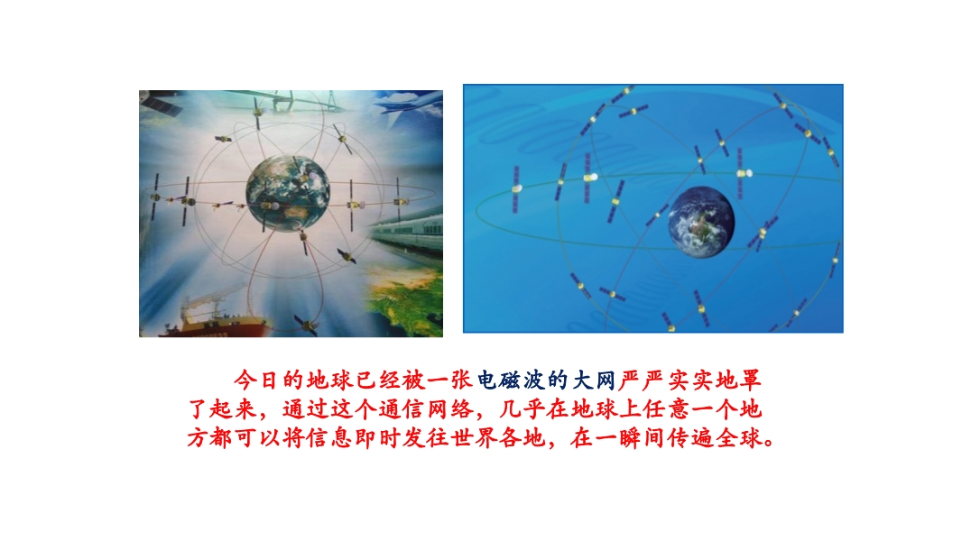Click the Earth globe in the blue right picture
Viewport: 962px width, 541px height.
pyautogui.click(x=701, y=221)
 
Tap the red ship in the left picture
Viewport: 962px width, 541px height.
pyautogui.click(x=215, y=321)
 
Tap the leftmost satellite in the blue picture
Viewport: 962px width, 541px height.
pyautogui.click(x=516, y=188)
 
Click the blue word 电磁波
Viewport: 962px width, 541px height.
pyautogui.click(x=511, y=381)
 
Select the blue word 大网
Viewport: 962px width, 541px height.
pyautogui.click(x=594, y=381)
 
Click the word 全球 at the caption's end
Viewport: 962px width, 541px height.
pyautogui.click(x=739, y=437)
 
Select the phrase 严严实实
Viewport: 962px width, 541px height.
pyautogui.click(x=666, y=381)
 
